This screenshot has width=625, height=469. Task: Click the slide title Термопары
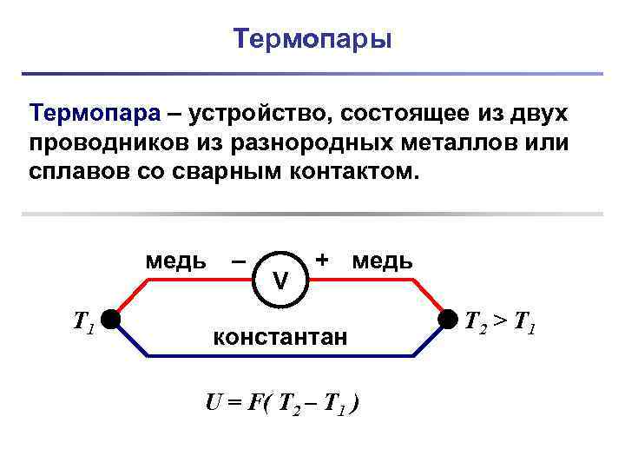[x=312, y=40]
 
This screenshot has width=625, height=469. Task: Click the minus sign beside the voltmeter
[x=239, y=260]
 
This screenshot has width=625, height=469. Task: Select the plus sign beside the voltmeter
[x=322, y=260]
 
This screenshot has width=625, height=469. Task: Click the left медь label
[x=175, y=261]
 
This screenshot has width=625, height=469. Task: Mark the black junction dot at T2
[x=447, y=320]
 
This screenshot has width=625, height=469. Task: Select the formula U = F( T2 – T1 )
[x=283, y=403]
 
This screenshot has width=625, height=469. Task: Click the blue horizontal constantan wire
[x=278, y=356]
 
